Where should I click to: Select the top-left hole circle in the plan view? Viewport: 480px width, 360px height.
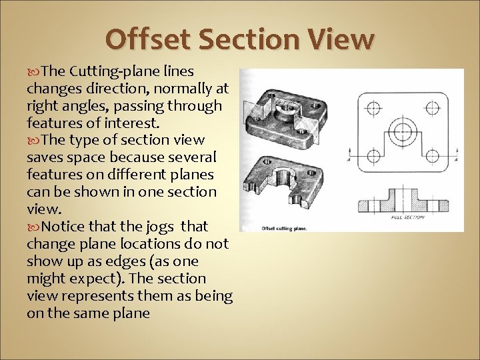[373, 107]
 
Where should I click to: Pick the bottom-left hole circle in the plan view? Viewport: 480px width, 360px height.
[373, 155]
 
